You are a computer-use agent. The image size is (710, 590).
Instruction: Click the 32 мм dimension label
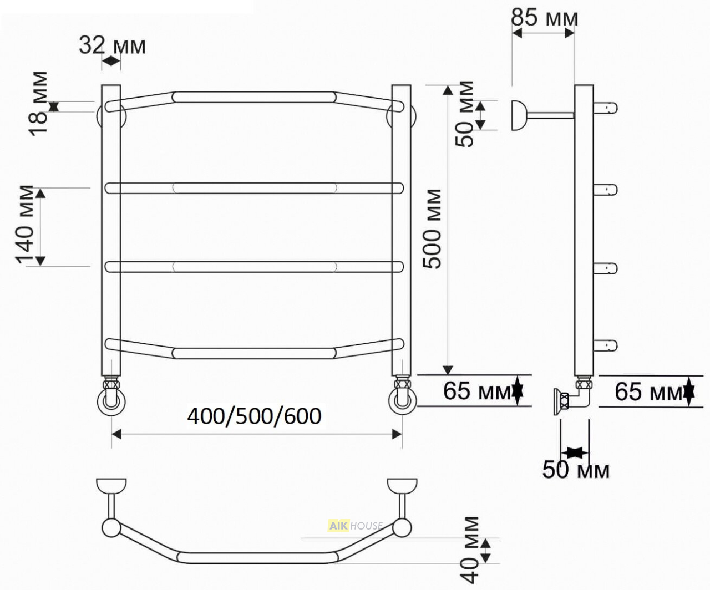tap(112, 45)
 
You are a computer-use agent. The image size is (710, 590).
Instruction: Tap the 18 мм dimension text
tap(38, 104)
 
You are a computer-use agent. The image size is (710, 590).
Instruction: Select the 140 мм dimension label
tap(25, 225)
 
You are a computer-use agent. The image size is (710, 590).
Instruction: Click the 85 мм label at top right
tap(544, 18)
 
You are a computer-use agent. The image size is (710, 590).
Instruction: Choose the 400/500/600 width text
tap(255, 416)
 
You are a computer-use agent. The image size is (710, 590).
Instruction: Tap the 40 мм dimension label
tap(470, 550)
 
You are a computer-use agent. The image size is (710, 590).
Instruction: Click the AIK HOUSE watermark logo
tap(355, 526)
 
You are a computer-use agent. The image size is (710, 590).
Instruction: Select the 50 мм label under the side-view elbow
tap(576, 470)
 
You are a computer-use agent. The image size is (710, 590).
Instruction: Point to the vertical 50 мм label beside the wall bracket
tap(464, 114)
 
